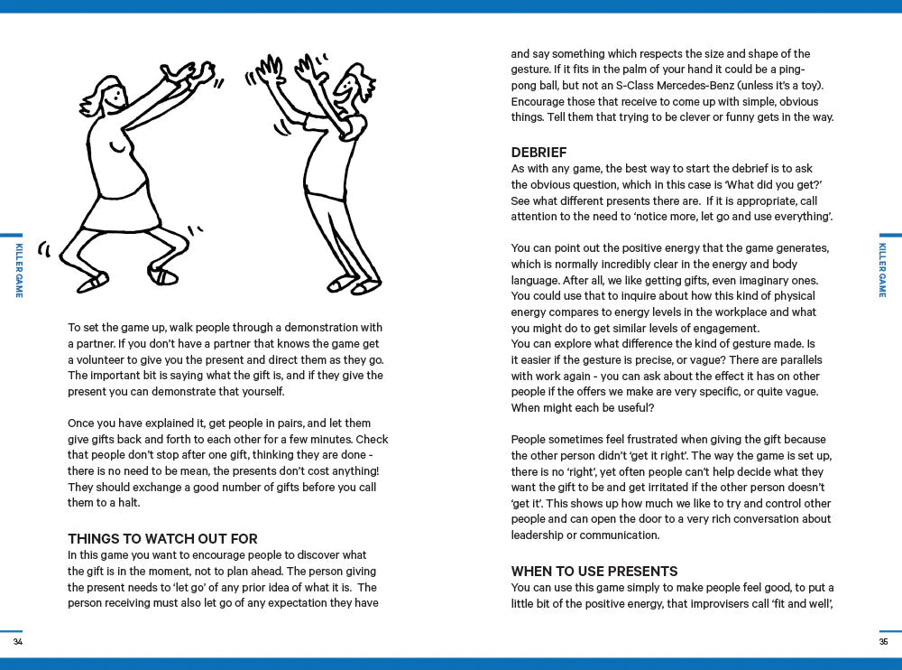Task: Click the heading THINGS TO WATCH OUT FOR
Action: tap(162, 539)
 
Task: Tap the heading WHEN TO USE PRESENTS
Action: tap(594, 572)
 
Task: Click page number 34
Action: tap(18, 641)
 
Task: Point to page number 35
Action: tap(883, 641)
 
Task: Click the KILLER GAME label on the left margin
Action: tap(19, 270)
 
